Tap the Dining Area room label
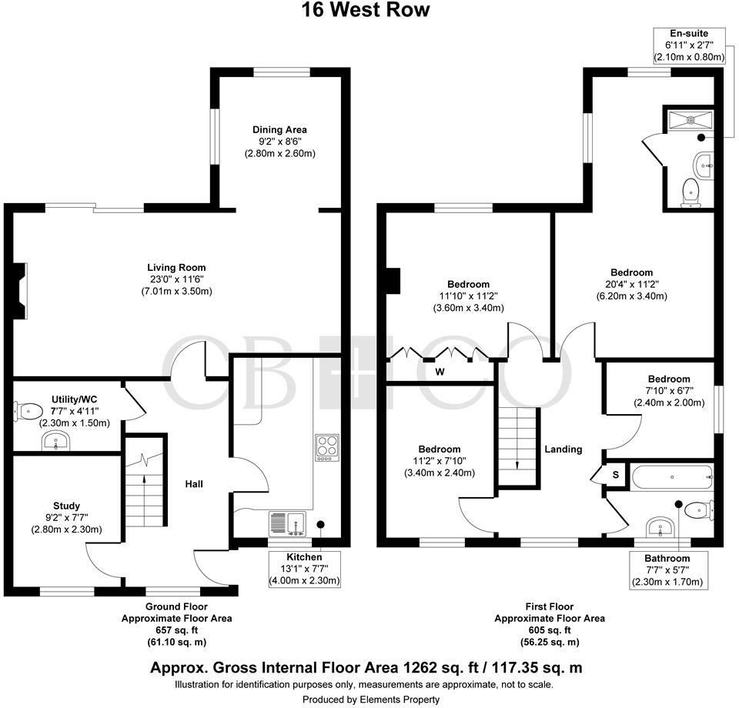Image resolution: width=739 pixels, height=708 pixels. (280, 142)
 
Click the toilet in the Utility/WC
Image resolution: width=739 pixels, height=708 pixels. (29, 410)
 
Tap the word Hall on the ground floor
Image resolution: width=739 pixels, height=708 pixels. (194, 483)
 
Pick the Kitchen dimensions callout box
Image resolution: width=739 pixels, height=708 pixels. (304, 568)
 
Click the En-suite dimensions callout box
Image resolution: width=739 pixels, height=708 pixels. (689, 45)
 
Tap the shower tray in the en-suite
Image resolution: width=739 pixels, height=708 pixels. (691, 119)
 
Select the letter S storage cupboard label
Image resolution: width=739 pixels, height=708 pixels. (615, 475)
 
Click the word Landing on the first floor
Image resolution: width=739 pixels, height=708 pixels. (563, 449)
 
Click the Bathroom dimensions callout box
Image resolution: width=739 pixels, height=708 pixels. (667, 569)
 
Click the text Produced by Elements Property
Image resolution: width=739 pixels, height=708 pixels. (370, 700)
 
